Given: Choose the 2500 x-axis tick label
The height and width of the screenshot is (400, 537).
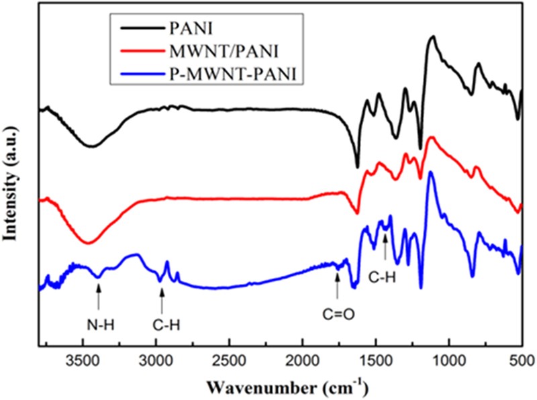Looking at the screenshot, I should point(229,360).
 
